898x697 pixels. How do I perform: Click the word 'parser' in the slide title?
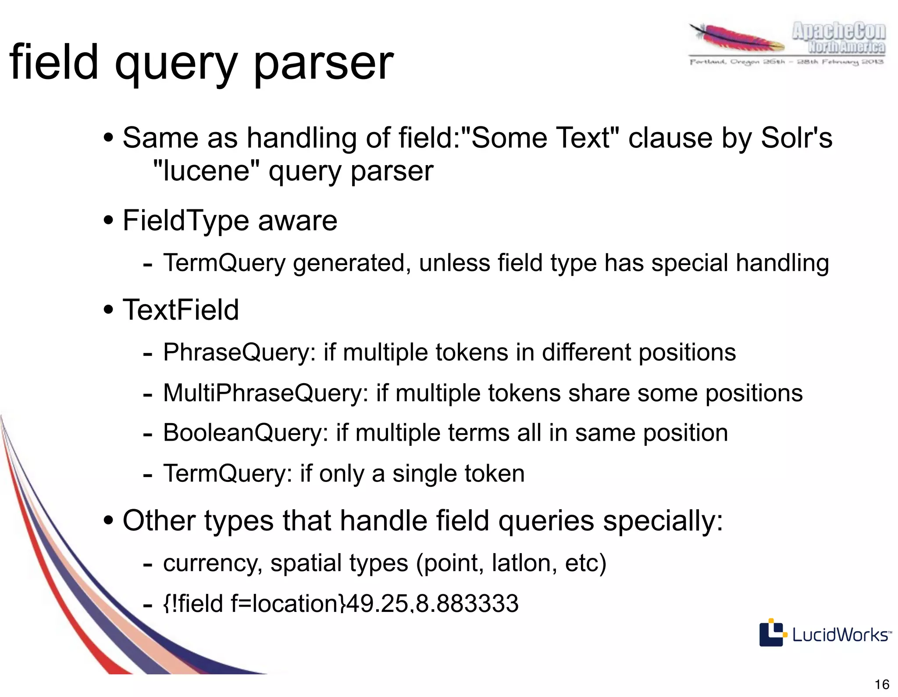coord(324,64)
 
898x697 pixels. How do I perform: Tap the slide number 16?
coord(882,684)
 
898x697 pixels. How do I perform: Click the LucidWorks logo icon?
coord(771,633)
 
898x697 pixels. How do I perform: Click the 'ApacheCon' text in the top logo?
coord(838,32)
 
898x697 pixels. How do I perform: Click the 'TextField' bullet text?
coord(181,310)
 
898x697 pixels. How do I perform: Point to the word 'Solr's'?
coord(796,138)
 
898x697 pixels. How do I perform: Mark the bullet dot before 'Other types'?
coord(109,521)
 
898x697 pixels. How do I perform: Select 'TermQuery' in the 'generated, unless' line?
coord(224,263)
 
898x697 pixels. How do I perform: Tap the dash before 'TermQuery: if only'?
coord(148,475)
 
